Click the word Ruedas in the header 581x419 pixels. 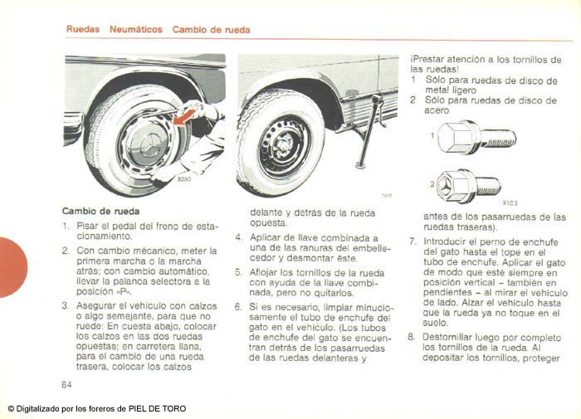82,29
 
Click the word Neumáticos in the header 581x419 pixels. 135,29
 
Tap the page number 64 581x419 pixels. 66,384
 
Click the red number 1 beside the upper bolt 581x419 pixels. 432,135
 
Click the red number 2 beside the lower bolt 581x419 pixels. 432,183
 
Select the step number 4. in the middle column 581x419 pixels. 239,237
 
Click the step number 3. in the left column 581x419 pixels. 65,305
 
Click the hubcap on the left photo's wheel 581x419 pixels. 141,137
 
